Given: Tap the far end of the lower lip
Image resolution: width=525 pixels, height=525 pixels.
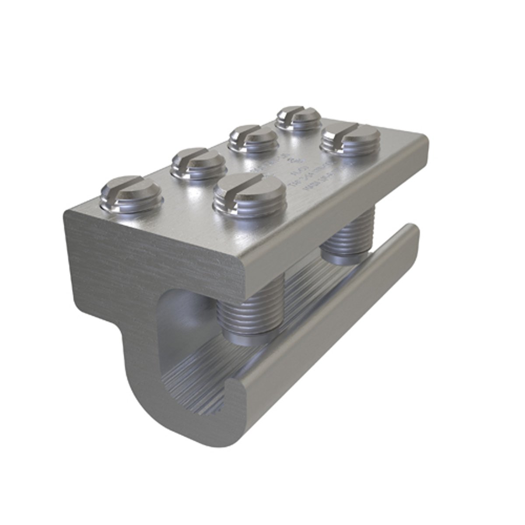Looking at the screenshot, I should click(411, 232).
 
